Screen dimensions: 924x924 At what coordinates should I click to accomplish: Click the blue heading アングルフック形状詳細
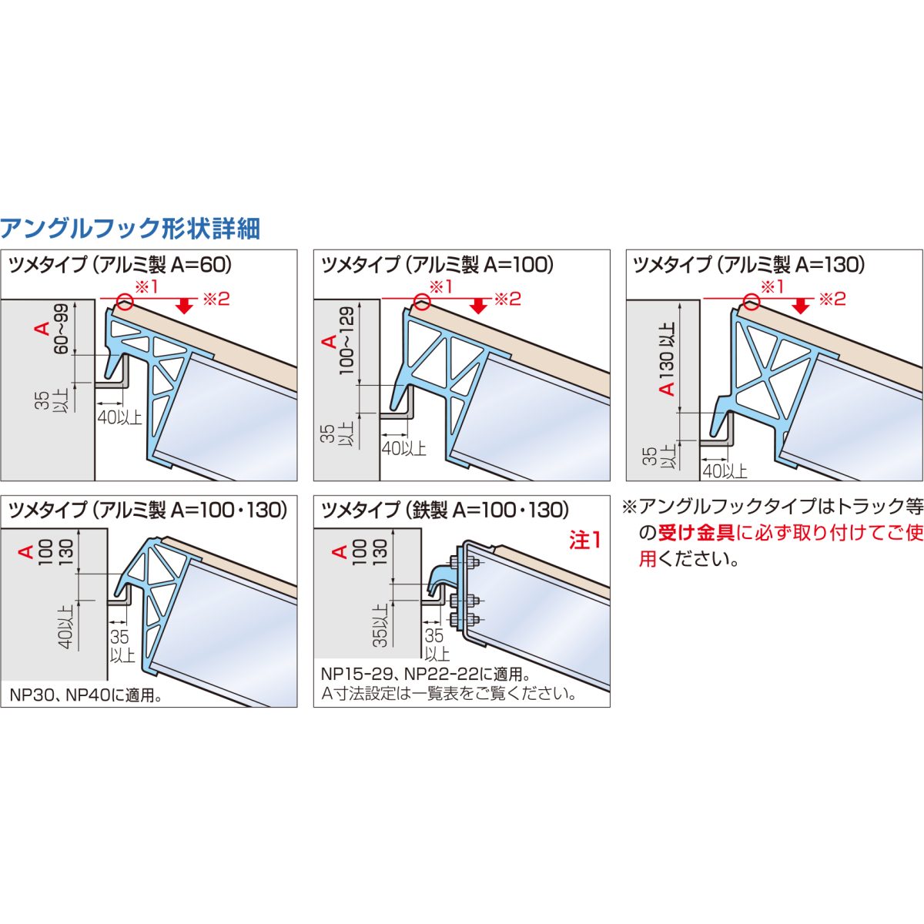tap(130, 229)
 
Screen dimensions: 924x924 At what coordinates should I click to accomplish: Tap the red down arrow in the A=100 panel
tap(478, 305)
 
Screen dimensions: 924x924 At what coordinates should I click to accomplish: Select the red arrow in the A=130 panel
tap(800, 305)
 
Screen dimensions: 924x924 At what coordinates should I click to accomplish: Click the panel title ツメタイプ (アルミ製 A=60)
tap(120, 265)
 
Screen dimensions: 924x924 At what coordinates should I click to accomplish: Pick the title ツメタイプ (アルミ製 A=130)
tap(749, 265)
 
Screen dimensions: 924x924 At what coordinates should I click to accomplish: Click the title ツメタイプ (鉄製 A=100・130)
tap(445, 511)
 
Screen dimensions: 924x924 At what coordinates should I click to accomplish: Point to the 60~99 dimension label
tap(62, 329)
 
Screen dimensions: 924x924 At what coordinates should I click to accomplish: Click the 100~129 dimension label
tap(346, 340)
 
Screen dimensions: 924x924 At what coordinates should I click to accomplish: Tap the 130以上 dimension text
tap(667, 353)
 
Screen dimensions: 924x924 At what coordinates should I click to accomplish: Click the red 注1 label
tap(584, 541)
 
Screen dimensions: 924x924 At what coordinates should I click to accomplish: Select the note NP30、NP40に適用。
tap(85, 695)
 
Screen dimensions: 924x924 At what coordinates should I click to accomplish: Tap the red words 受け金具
tap(696, 533)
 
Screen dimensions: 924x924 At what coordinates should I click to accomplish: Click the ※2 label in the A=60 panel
tap(216, 300)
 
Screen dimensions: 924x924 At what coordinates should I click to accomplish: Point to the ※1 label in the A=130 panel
tap(772, 286)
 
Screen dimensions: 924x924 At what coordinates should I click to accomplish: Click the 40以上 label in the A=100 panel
tap(403, 448)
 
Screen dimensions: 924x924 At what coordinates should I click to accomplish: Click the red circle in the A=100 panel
tap(422, 302)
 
